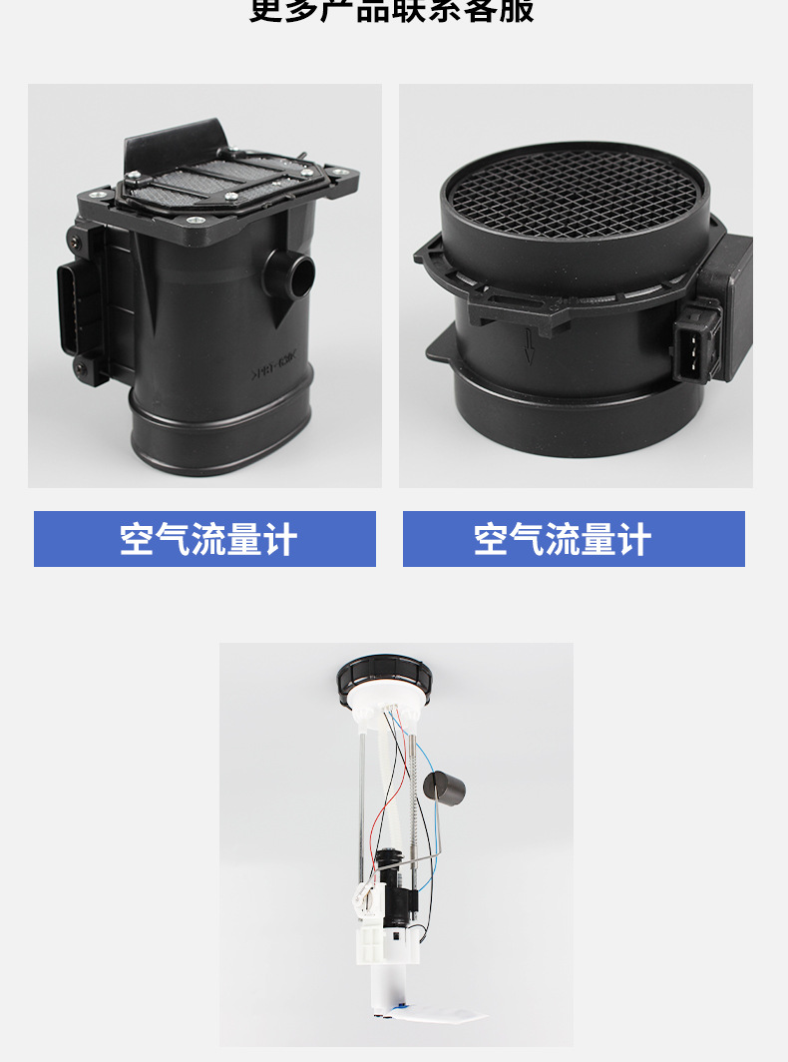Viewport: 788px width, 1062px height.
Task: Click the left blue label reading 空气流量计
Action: point(204,539)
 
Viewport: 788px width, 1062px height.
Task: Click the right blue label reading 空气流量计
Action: point(574,539)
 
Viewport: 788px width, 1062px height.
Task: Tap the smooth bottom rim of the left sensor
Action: point(219,439)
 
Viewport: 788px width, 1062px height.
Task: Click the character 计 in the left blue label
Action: point(280,539)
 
